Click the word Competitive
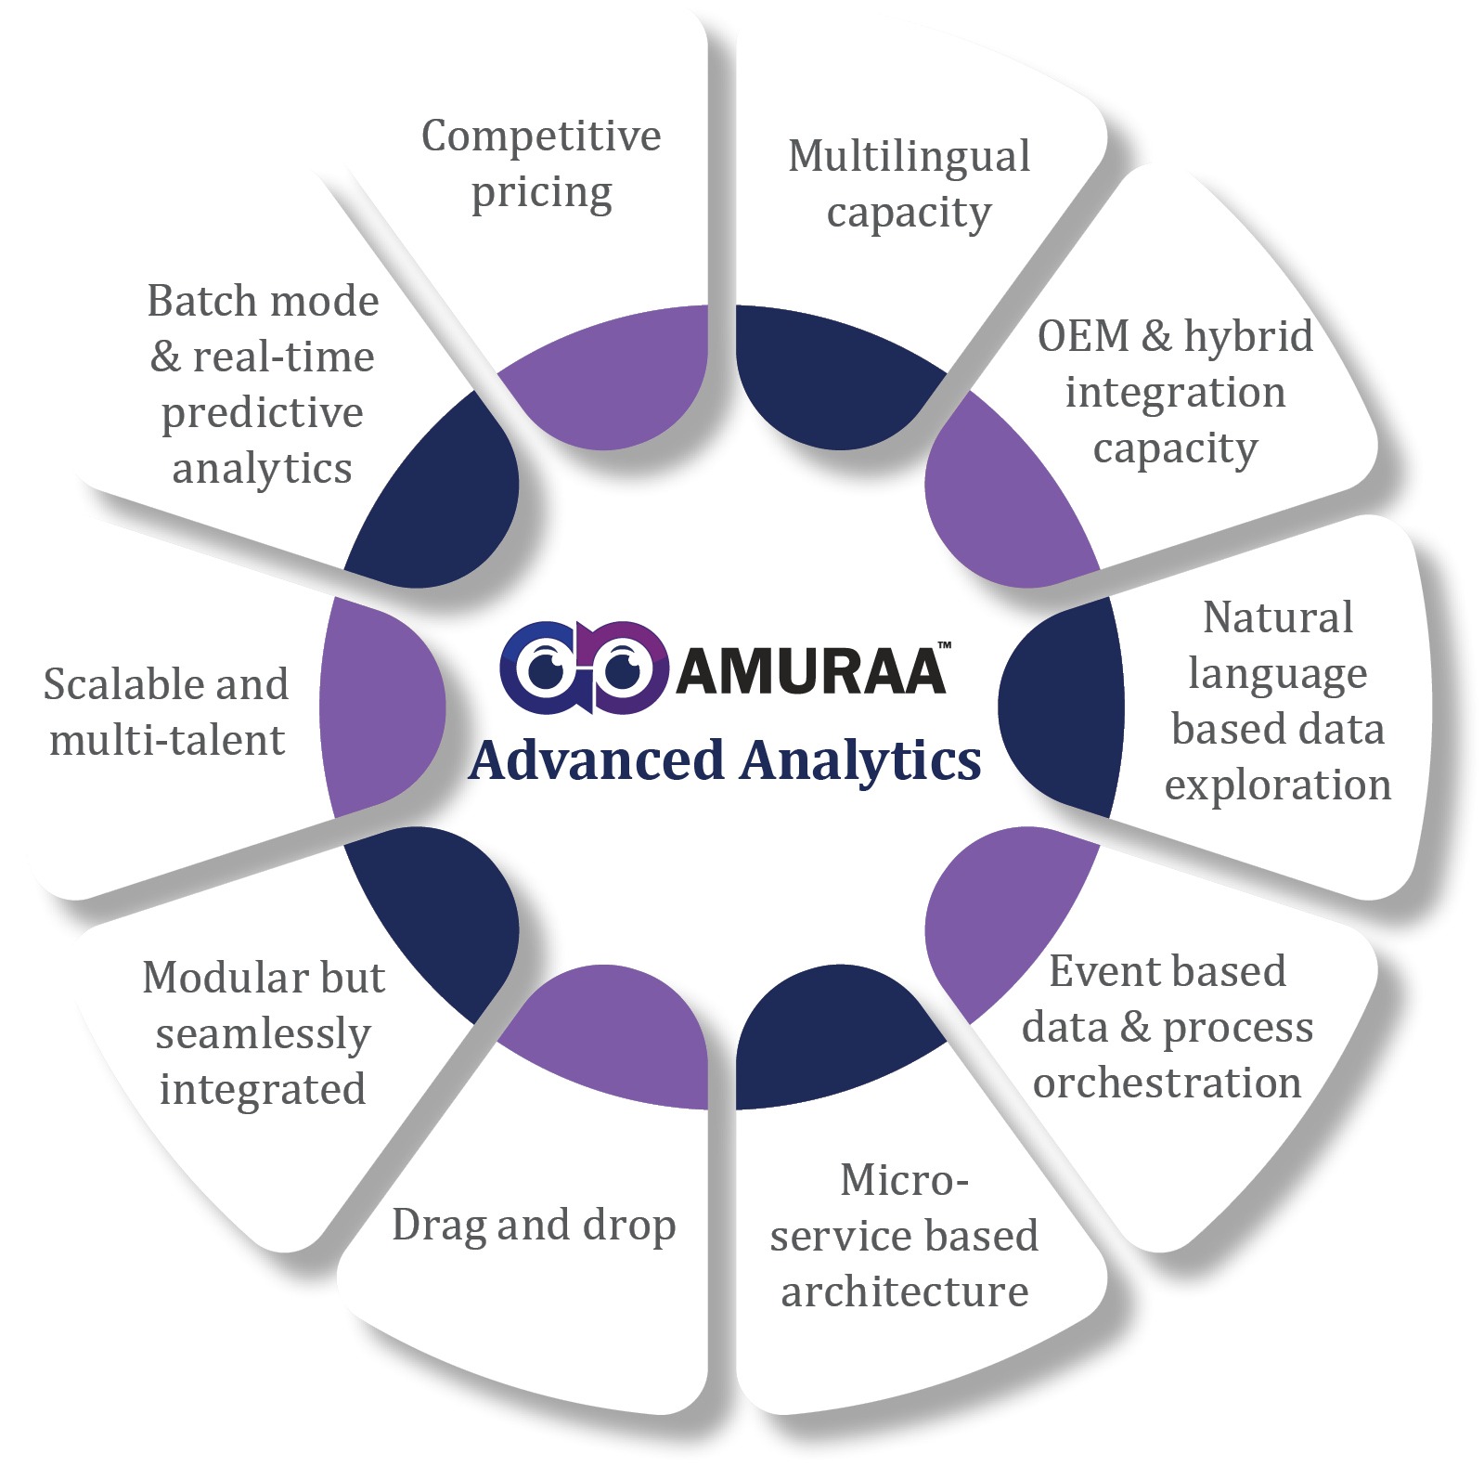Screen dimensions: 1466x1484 (541, 136)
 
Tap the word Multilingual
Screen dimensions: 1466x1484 (909, 157)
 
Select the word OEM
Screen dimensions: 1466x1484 (1082, 336)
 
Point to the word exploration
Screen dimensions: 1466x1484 (1278, 785)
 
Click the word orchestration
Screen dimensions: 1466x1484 (1167, 1083)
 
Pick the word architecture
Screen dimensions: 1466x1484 (904, 1291)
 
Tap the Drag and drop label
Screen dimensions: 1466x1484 (534, 1226)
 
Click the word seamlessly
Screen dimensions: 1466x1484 (263, 1033)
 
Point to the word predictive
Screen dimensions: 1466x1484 (262, 413)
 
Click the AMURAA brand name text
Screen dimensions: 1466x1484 (810, 669)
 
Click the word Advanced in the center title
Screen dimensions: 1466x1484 (597, 759)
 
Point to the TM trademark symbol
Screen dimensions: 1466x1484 (944, 644)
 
